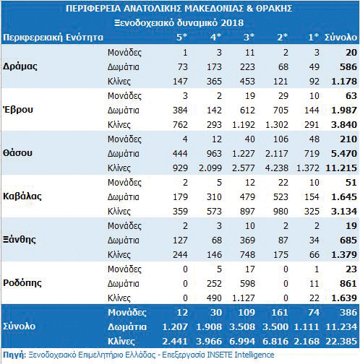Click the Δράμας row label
pyautogui.click(x=20, y=66)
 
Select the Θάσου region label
pyautogui.click(x=17, y=153)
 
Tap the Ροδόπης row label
pyautogui.click(x=22, y=283)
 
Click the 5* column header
pyautogui.click(x=181, y=37)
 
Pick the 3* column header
pyautogui.click(x=249, y=37)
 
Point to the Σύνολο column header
pyautogui.click(x=340, y=38)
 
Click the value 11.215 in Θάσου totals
pyautogui.click(x=341, y=168)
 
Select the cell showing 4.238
pyautogui.click(x=276, y=168)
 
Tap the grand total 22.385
pyautogui.click(x=341, y=341)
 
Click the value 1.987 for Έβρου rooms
pyautogui.click(x=344, y=110)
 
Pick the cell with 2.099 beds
pyautogui.click(x=210, y=168)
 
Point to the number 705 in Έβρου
pyautogui.click(x=280, y=110)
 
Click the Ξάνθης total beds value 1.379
pyautogui.click(x=344, y=254)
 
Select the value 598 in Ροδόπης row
pyautogui.click(x=247, y=283)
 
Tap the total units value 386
pyautogui.click(x=348, y=312)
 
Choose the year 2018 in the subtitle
pyautogui.click(x=232, y=23)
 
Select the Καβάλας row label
pyautogui.click(x=22, y=196)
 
